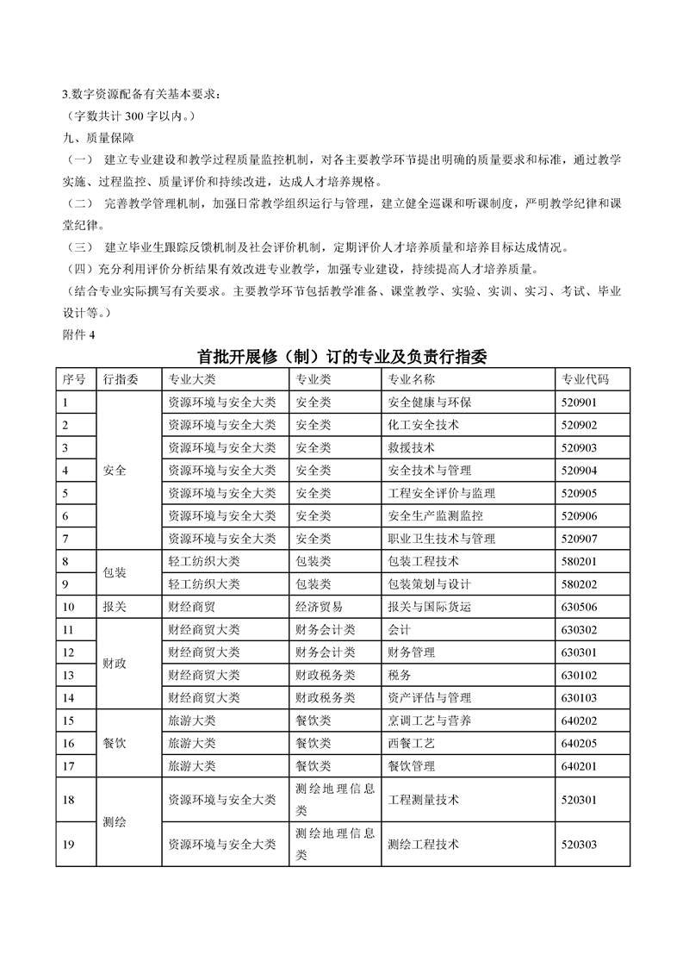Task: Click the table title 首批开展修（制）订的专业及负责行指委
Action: click(x=342, y=358)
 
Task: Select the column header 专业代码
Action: click(x=585, y=380)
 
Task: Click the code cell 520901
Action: click(x=579, y=402)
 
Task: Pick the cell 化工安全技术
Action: click(x=424, y=425)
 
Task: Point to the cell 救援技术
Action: click(x=412, y=448)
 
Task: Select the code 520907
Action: click(x=579, y=539)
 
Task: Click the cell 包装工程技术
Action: click(x=424, y=561)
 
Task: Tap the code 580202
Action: click(x=579, y=583)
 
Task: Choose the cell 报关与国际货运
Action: click(x=430, y=607)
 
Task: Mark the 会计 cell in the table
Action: click(x=400, y=630)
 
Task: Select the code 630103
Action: click(x=579, y=697)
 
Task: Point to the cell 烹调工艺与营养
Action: click(x=430, y=721)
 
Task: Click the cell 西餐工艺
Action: click(x=412, y=743)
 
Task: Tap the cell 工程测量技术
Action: click(x=424, y=800)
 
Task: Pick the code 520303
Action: click(x=579, y=845)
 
